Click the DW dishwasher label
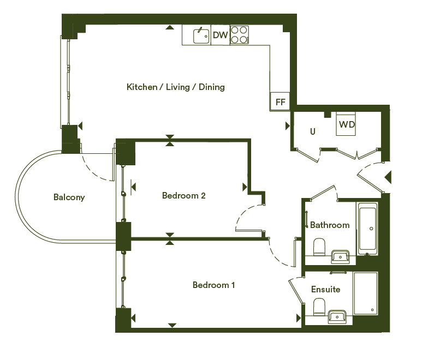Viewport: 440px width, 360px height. click(220, 35)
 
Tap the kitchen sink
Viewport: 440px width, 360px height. click(201, 36)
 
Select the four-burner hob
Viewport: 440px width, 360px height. click(239, 35)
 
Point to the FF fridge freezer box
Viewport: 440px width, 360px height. click(280, 101)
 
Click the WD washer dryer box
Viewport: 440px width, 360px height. click(346, 124)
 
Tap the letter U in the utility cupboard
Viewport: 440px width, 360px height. click(313, 131)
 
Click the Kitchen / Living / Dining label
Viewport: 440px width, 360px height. click(176, 87)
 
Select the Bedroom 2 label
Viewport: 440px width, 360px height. click(184, 195)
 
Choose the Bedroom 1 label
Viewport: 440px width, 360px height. click(213, 285)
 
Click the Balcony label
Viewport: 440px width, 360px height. click(69, 197)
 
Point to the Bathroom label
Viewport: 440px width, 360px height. click(330, 225)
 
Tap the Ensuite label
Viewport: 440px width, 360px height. click(325, 289)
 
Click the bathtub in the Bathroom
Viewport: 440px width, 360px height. click(367, 228)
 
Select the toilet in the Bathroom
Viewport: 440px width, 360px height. click(319, 247)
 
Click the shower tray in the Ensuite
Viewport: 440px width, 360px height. click(365, 293)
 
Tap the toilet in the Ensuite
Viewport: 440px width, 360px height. click(319, 307)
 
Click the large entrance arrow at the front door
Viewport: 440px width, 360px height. click(388, 177)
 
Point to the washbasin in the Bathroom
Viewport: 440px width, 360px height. click(341, 256)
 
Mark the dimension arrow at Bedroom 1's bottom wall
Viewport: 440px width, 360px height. click(172, 325)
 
